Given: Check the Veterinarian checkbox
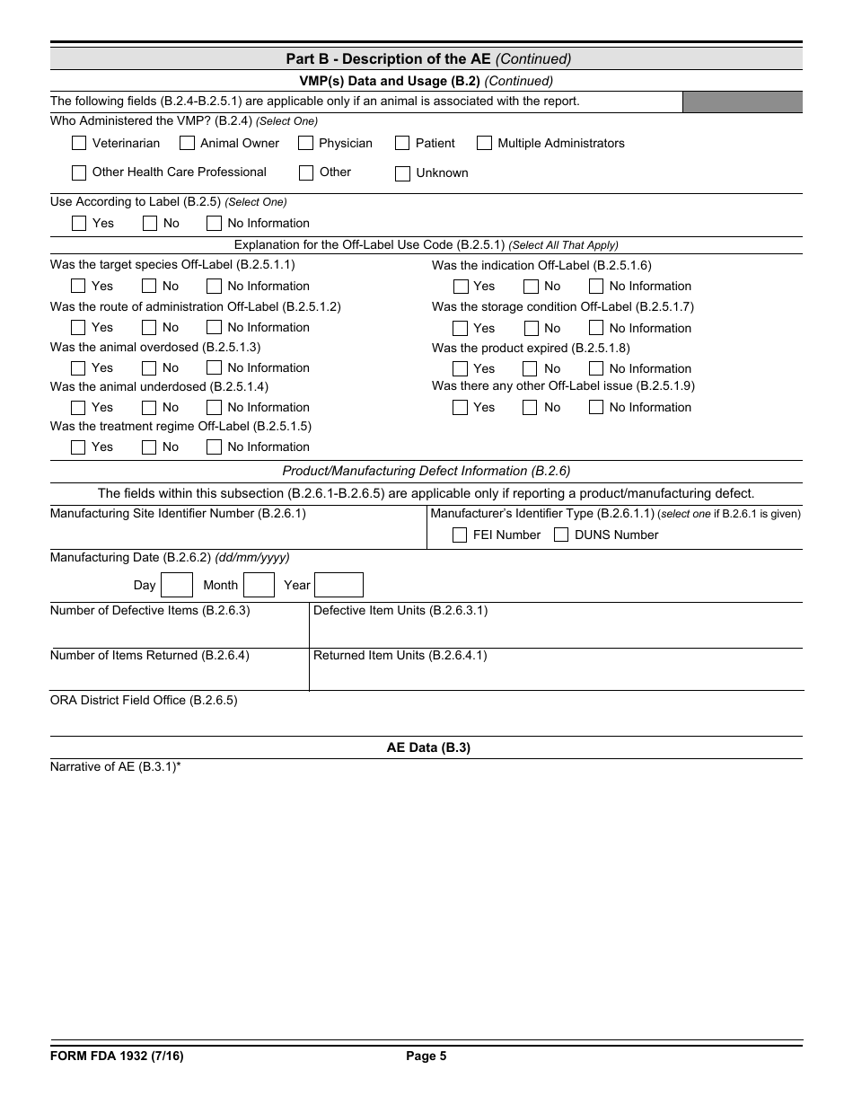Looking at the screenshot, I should click(x=79, y=143).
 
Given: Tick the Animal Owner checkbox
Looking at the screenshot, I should click(x=187, y=143).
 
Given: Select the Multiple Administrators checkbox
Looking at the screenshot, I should click(x=484, y=143).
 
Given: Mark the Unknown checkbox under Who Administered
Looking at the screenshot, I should click(x=402, y=173).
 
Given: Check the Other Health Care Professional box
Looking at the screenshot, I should click(x=79, y=172).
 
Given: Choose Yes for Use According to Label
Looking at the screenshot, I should click(x=79, y=224).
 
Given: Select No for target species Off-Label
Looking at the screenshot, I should click(x=150, y=287).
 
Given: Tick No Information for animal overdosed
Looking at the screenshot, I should click(x=214, y=367).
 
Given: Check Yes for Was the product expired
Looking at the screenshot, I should click(x=461, y=368).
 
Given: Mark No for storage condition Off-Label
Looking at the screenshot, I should click(x=531, y=328).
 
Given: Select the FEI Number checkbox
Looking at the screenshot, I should click(x=460, y=535).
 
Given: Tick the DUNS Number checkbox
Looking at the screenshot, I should click(x=561, y=535).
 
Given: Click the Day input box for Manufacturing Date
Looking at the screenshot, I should click(x=177, y=586).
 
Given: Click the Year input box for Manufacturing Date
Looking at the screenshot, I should click(x=339, y=586).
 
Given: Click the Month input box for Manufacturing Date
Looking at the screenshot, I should click(x=259, y=586).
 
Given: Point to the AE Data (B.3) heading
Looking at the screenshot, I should click(x=428, y=747).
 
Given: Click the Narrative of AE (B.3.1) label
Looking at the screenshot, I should click(x=116, y=767).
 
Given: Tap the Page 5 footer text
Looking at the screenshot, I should click(x=426, y=1056).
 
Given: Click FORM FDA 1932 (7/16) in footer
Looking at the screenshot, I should click(x=117, y=1056).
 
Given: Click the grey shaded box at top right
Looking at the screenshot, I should click(x=742, y=102).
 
